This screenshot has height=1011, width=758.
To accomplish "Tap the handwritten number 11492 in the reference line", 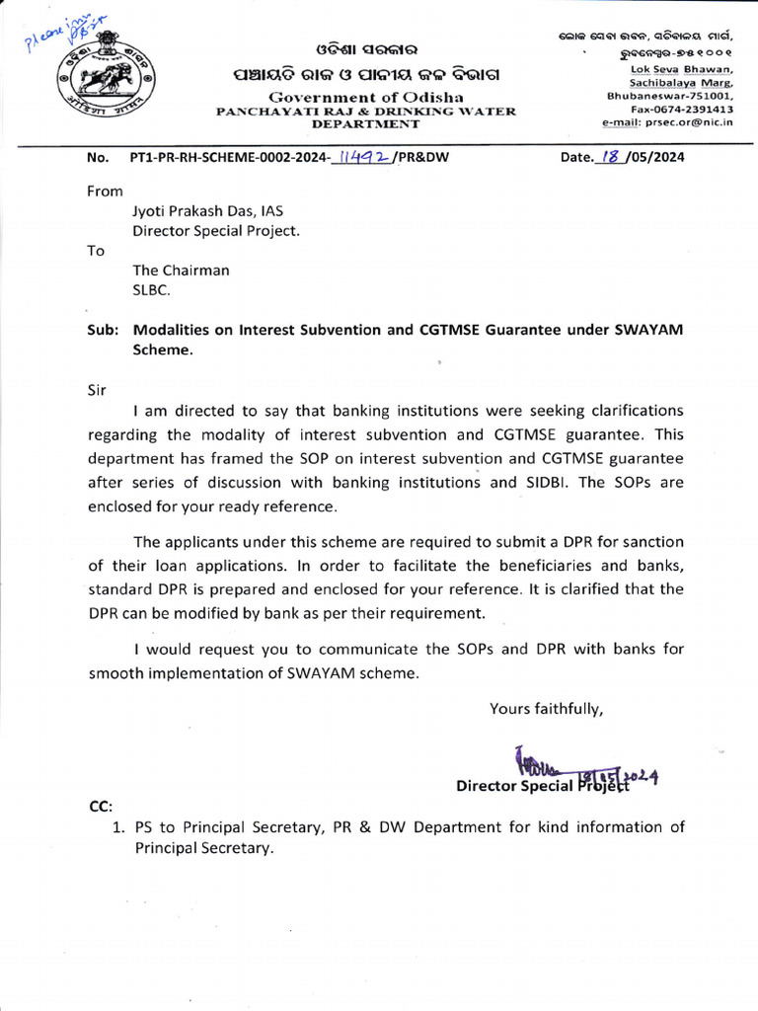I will pos(363,156).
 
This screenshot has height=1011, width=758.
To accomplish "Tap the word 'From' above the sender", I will pos(106,192).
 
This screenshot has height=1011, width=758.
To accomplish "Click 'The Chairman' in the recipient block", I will pos(182,271).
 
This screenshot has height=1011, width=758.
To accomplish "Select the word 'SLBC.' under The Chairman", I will pos(153,290).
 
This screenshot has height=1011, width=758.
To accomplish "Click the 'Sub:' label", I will pos(103,330).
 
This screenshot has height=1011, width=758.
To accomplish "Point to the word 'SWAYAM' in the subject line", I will pos(647,330).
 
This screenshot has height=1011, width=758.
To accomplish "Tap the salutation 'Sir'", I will pos(97,389).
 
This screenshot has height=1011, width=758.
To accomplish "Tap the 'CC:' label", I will pos(102,806).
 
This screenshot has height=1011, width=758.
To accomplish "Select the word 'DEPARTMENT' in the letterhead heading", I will pos(365,124).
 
